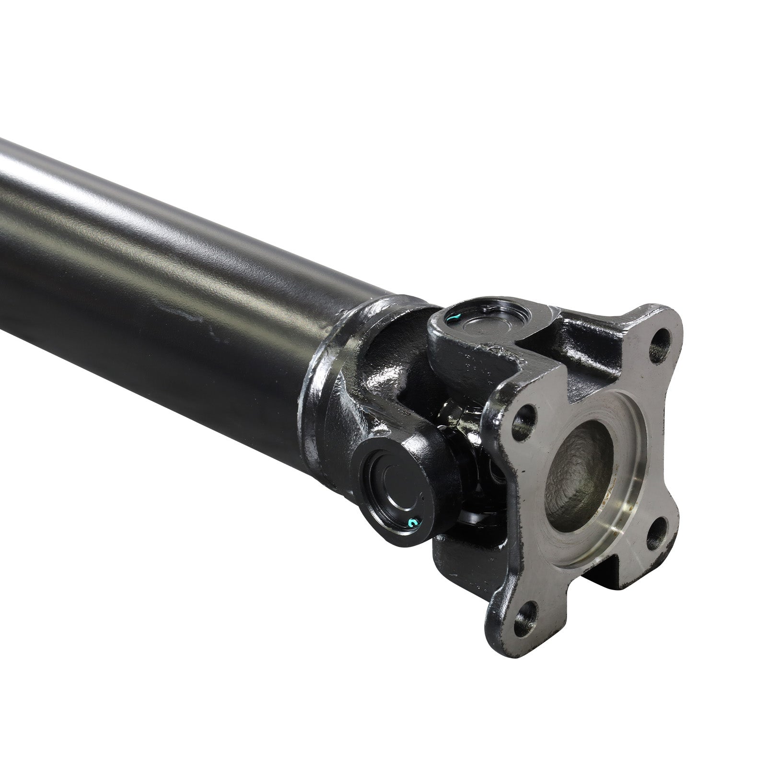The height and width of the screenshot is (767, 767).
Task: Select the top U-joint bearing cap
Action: pos(479,321)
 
